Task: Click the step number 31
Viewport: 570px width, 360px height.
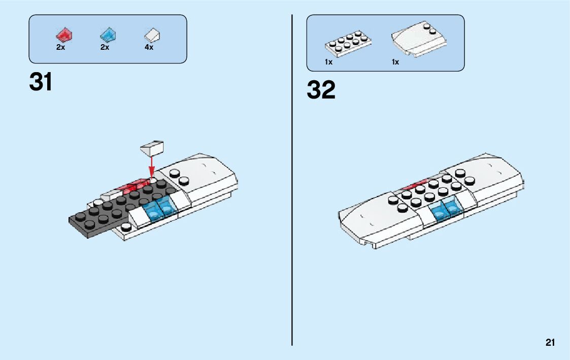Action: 41,82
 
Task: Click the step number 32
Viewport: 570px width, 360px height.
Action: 321,90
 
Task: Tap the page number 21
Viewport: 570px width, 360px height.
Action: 550,343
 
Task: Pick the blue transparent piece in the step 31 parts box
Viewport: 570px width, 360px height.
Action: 107,36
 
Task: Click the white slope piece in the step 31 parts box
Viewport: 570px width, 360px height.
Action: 152,35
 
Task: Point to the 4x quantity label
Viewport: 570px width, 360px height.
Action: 149,47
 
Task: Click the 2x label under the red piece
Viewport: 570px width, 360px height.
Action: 61,47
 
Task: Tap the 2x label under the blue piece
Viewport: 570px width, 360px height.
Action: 105,47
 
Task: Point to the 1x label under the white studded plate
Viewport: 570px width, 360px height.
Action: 329,62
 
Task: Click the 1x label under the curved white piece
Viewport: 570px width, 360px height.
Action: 395,62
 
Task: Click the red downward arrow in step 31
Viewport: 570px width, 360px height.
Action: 151,166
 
